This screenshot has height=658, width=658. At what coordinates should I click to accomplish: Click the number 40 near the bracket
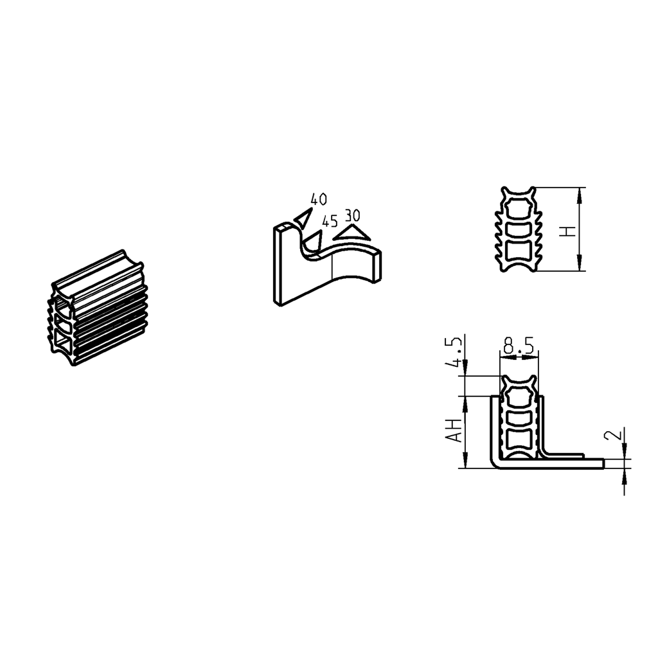coord(318,199)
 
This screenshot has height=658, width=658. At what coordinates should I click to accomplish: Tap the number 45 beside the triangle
coord(330,221)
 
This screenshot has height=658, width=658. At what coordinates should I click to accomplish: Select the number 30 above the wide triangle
coord(352,215)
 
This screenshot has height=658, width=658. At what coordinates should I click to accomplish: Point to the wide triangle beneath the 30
coord(351,232)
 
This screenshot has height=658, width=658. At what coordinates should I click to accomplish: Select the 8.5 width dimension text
coord(519,347)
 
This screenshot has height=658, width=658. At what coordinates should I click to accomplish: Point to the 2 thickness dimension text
coord(614,435)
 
